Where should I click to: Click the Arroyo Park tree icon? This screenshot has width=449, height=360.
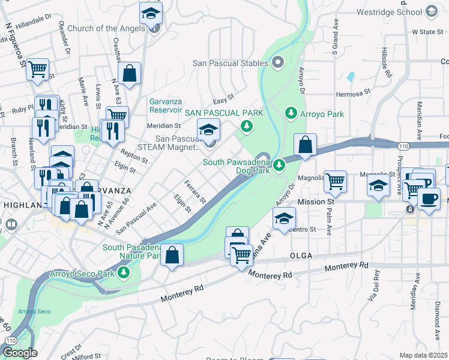[x=291, y=113]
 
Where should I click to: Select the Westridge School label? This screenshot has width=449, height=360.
[x=389, y=11]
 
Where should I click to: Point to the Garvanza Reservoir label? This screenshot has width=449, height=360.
[x=165, y=106]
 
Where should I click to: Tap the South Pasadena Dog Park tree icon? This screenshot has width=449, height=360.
[x=279, y=164]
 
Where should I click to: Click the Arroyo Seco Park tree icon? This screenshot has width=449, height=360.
[x=124, y=273]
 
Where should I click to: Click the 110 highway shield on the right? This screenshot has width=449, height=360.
[x=403, y=145]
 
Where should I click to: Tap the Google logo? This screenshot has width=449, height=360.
[x=20, y=353]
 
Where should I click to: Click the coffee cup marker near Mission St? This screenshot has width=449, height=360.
[x=429, y=200]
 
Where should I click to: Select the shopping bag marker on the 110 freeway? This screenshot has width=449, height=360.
[x=306, y=146]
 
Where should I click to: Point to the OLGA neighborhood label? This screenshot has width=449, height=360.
[x=301, y=256]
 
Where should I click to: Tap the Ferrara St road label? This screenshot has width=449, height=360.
[x=195, y=191]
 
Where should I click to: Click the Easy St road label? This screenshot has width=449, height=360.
[x=223, y=98]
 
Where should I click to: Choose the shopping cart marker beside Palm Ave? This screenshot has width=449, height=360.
[x=335, y=180]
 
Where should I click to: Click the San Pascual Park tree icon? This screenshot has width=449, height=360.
[x=246, y=125]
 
